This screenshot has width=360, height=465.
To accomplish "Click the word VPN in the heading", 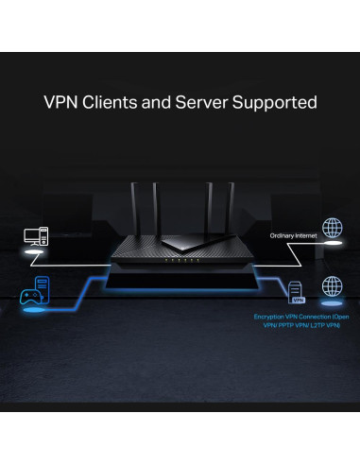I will click(61, 102).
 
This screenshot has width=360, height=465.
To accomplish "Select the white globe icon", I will click(331, 229).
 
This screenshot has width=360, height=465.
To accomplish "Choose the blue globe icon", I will click(331, 286).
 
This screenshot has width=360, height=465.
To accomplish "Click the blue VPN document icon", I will click(296, 292).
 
